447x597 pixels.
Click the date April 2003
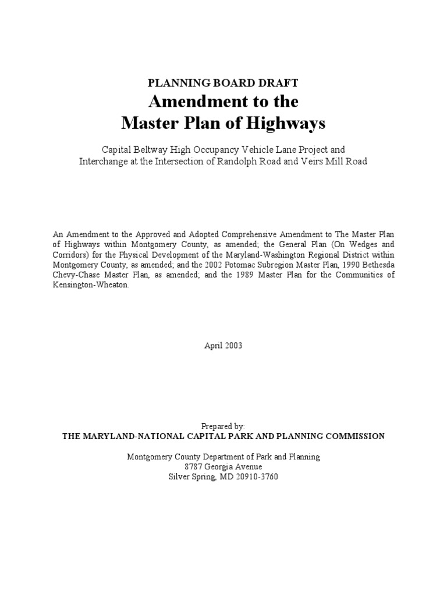[223, 345]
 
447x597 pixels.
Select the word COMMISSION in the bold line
[351, 436]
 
